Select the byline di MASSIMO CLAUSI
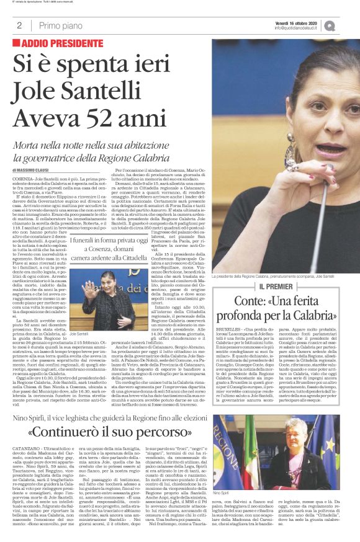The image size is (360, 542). tap(34, 169)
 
